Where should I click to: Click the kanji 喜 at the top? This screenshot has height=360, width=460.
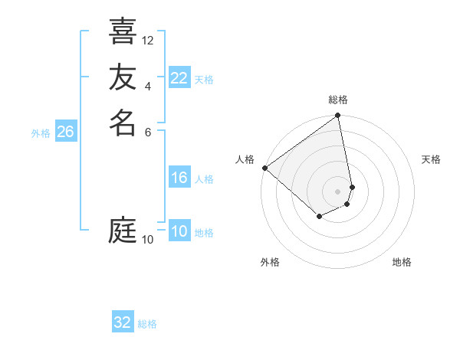(x=123, y=31)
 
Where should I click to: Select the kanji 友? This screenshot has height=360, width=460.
(x=123, y=77)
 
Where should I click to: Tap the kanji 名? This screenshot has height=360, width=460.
(x=123, y=123)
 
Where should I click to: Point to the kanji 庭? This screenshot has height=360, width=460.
(x=123, y=230)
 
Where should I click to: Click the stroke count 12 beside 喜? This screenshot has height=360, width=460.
(x=148, y=40)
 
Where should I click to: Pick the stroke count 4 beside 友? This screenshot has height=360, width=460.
(x=148, y=86)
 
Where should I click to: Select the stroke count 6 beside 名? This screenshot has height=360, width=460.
(x=148, y=131)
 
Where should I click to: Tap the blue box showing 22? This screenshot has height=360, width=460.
(x=179, y=78)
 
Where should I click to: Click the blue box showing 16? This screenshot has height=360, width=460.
(x=179, y=178)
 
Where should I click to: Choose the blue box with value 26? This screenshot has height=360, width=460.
(x=66, y=132)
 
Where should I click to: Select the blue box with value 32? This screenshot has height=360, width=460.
(x=123, y=322)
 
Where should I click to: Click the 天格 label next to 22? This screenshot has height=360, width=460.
(x=204, y=80)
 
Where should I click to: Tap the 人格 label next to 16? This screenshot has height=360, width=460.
(x=204, y=179)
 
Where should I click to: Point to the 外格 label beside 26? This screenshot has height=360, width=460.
(x=41, y=133)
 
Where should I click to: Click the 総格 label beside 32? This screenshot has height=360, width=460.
(x=147, y=324)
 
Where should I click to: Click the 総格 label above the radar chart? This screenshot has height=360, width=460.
(x=338, y=100)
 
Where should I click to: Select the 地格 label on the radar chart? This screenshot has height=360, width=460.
(x=402, y=262)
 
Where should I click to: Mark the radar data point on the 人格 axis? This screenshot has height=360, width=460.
(x=264, y=168)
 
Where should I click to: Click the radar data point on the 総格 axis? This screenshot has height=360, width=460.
(x=338, y=116)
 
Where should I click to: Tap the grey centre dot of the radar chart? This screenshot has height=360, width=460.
(x=338, y=191)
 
